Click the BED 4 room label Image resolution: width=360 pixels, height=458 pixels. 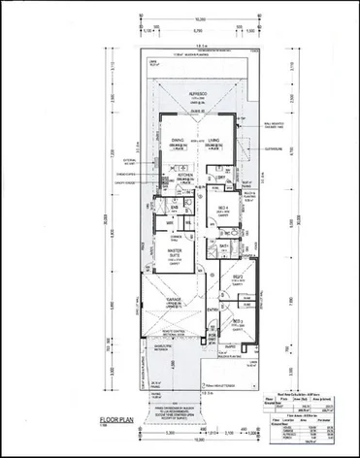click(x=223, y=208)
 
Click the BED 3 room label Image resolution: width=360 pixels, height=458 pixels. click(x=239, y=319)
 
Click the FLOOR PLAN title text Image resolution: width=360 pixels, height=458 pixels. click(x=117, y=421)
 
